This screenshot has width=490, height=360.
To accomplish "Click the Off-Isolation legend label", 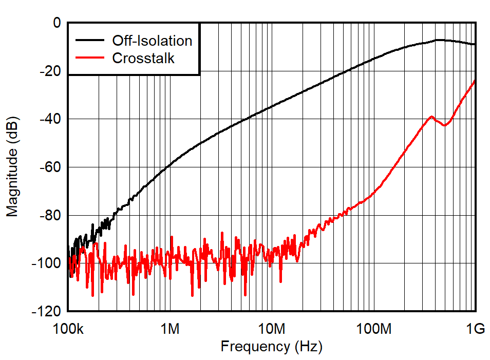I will (152, 41).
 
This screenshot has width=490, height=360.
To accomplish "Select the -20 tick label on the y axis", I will (50, 71).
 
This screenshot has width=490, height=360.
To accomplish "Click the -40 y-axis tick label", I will (50, 119).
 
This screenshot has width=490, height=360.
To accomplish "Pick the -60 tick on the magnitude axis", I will (50, 167).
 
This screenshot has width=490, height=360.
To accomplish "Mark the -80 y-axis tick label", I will (50, 215).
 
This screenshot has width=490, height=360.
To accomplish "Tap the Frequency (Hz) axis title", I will (271, 347).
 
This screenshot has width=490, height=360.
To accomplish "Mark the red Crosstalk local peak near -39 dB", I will (431, 117).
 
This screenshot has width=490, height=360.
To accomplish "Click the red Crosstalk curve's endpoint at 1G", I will (475, 80).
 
